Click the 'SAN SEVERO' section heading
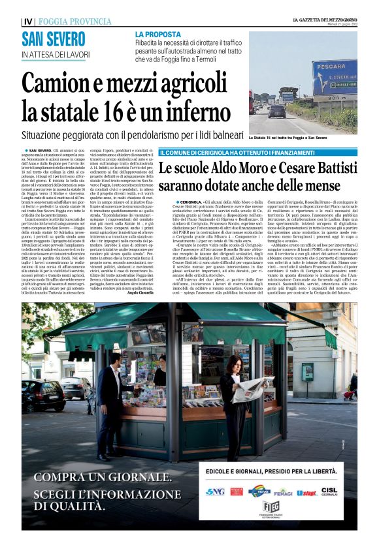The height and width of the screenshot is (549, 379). (x=54, y=39)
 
